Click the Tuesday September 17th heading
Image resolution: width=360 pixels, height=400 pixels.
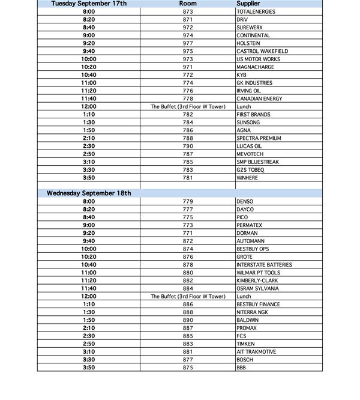(88, 4)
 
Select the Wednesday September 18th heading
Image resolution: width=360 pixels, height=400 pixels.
(89, 193)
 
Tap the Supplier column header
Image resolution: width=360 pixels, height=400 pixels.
(248, 4)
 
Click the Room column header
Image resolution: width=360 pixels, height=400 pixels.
(188, 4)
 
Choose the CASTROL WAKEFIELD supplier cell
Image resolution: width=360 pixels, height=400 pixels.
(262, 51)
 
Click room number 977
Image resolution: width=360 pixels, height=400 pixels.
(188, 43)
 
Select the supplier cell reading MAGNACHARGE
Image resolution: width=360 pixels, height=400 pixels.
(255, 67)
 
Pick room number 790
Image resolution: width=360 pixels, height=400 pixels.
(188, 146)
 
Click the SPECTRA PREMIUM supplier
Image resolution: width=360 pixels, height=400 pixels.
(259, 138)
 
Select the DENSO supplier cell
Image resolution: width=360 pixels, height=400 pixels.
(245, 202)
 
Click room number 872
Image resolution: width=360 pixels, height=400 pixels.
(188, 241)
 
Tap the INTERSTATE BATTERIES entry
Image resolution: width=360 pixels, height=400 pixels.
(264, 265)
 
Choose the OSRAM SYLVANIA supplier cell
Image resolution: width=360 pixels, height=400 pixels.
(257, 288)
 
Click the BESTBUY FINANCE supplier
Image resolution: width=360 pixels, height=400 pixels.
(258, 305)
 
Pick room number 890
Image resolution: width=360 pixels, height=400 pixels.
(188, 320)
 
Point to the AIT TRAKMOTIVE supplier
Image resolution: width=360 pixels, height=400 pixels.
(256, 352)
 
